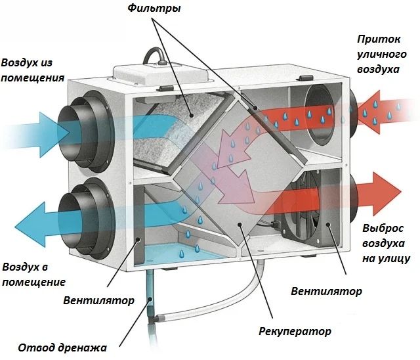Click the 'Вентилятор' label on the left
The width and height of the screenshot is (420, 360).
[99, 301]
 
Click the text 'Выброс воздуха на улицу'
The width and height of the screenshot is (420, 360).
[387, 243]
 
